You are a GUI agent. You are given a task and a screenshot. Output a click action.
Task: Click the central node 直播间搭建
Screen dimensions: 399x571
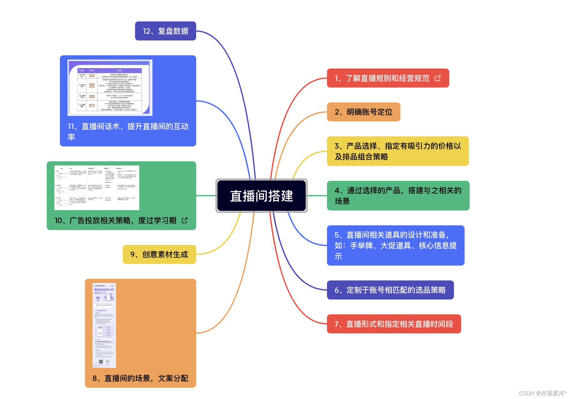262,196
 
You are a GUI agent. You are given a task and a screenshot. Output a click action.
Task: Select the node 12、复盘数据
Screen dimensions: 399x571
165,31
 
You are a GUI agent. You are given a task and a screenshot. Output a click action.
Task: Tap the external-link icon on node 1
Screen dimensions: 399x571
438,78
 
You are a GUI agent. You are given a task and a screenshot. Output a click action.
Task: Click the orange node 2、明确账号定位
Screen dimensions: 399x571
363,112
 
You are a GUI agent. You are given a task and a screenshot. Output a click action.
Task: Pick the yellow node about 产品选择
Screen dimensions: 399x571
398,151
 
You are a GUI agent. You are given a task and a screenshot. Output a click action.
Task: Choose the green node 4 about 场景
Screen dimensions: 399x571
398,196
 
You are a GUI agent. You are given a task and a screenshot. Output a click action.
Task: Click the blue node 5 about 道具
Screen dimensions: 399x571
395,245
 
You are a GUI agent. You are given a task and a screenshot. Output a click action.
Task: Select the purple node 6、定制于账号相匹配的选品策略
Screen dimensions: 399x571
390,290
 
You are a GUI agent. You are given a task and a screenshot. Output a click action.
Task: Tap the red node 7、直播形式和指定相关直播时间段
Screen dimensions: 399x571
394,324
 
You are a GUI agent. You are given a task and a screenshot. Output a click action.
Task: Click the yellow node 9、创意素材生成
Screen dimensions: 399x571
159,254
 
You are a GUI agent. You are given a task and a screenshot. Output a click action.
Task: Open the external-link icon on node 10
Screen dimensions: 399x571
185,220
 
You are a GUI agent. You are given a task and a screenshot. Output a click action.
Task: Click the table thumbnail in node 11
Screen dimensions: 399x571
110,88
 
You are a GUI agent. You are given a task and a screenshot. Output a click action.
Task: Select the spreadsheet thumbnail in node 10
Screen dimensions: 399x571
97,188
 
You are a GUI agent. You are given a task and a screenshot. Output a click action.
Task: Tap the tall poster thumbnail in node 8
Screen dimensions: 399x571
104,325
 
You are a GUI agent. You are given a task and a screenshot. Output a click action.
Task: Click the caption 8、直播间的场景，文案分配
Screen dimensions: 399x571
140,378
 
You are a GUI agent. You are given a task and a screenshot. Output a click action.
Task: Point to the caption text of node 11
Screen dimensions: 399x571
128,131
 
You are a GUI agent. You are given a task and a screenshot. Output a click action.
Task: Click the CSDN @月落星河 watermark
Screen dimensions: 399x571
542,393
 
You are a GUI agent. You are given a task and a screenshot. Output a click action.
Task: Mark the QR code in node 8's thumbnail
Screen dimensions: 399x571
101,362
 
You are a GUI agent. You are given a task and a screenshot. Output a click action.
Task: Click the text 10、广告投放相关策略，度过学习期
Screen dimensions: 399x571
115,220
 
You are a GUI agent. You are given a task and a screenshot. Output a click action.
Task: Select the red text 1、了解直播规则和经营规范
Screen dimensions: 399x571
382,78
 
